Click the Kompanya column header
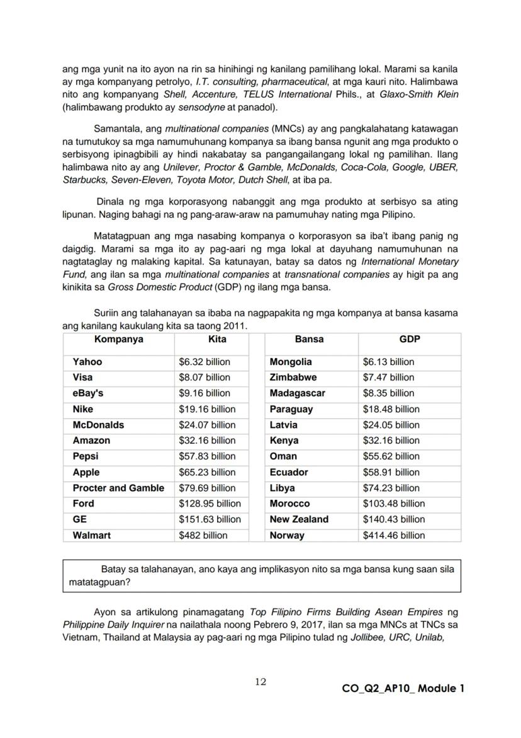click(x=118, y=339)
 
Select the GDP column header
click(x=409, y=339)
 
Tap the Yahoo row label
click(x=87, y=362)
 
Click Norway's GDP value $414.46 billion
click(x=394, y=535)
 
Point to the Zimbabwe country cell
click(x=293, y=378)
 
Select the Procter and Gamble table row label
click(x=118, y=488)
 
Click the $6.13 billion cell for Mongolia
click(x=388, y=362)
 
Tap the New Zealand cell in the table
click(x=299, y=519)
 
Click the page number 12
click(x=261, y=681)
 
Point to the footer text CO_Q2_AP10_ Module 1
click(x=400, y=688)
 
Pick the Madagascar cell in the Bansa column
click(x=297, y=393)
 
